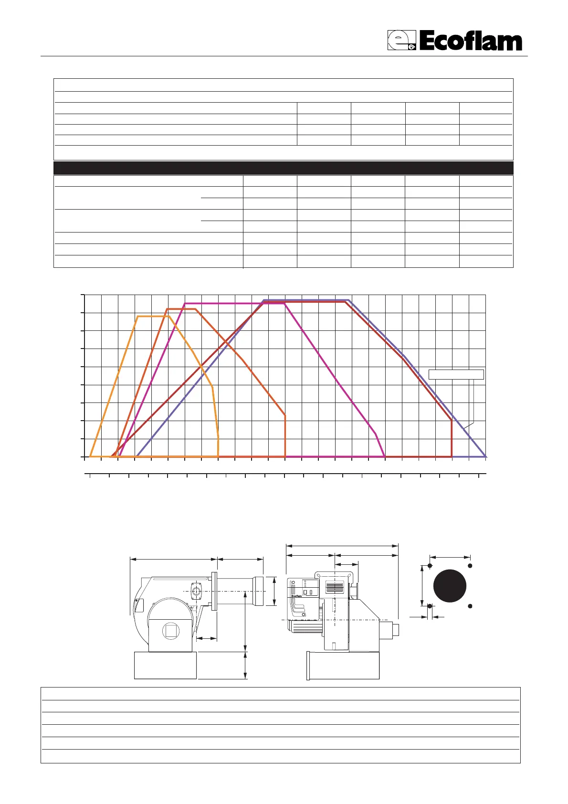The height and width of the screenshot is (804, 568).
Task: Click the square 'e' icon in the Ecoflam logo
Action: [401, 40]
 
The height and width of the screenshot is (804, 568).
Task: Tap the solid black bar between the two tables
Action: [284, 168]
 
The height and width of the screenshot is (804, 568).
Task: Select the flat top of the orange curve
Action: [153, 316]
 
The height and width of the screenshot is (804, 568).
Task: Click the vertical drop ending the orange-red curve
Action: [285, 436]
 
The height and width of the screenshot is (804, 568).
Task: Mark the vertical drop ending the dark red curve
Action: [452, 438]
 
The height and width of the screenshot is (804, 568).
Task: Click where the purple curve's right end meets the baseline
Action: [486, 456]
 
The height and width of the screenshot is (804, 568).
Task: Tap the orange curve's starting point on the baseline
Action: [90, 456]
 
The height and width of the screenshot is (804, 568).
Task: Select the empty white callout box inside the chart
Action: [456, 374]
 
